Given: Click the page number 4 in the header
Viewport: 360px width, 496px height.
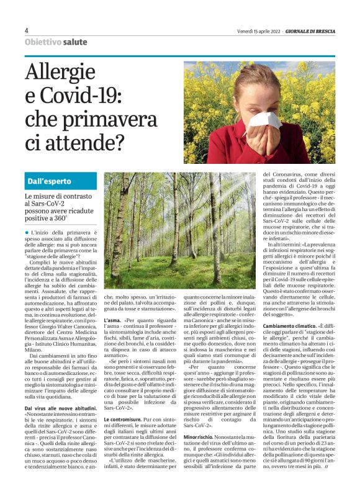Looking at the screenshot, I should (27, 30).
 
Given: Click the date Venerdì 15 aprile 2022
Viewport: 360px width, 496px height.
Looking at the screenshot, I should (259, 31).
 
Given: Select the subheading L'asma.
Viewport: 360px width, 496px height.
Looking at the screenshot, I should (112, 320).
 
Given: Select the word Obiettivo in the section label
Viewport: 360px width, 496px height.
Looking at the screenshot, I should (43, 42).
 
